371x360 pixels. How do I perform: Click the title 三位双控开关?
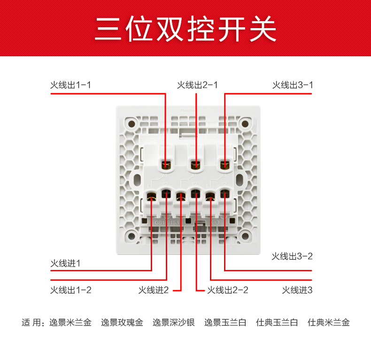tap(185, 29)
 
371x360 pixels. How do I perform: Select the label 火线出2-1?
tap(197, 85)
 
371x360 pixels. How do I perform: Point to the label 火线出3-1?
tap(293, 85)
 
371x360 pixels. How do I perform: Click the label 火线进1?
tap(65, 263)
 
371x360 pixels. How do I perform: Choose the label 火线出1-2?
tap(70, 290)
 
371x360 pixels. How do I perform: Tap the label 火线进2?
tap(153, 290)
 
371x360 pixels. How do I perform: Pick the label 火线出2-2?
tap(228, 290)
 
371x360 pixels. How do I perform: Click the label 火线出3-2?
tap(292, 256)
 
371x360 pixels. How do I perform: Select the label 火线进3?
tap(297, 290)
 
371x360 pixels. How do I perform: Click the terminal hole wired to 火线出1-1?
tap(166, 164)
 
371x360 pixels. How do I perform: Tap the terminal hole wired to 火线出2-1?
tap(196, 164)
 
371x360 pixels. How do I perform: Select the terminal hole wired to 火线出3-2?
tap(225, 194)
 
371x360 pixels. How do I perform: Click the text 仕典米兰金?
tap(329, 322)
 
